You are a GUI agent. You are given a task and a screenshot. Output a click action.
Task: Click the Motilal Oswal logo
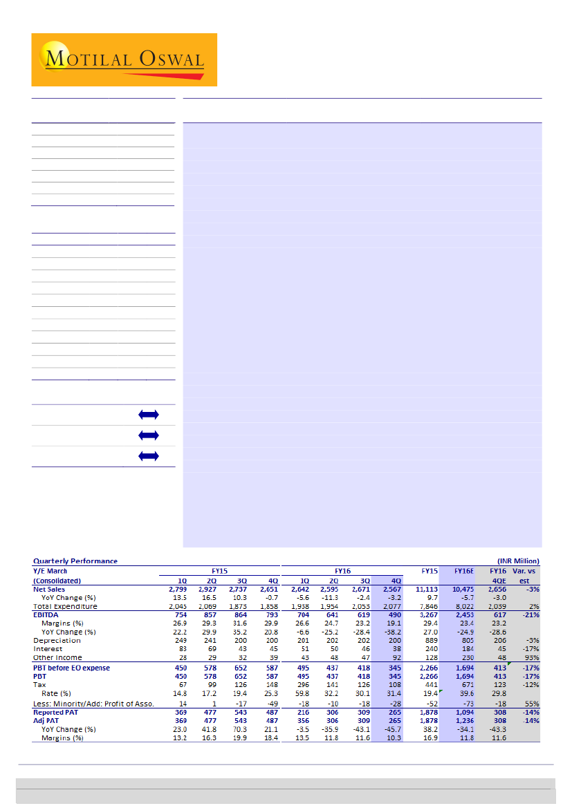click(x=124, y=59)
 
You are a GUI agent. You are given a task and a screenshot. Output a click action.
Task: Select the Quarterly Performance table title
click(x=75, y=561)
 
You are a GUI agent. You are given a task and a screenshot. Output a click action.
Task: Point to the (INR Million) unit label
click(x=518, y=561)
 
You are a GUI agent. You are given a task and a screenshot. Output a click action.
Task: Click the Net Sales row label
click(x=49, y=589)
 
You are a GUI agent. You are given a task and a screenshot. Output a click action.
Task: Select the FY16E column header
click(x=463, y=571)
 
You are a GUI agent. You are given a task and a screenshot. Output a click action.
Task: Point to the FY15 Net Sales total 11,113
click(x=426, y=589)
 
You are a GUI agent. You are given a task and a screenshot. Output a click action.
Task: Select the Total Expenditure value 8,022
click(x=463, y=606)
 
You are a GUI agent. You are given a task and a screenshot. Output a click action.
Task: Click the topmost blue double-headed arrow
click(x=149, y=415)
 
